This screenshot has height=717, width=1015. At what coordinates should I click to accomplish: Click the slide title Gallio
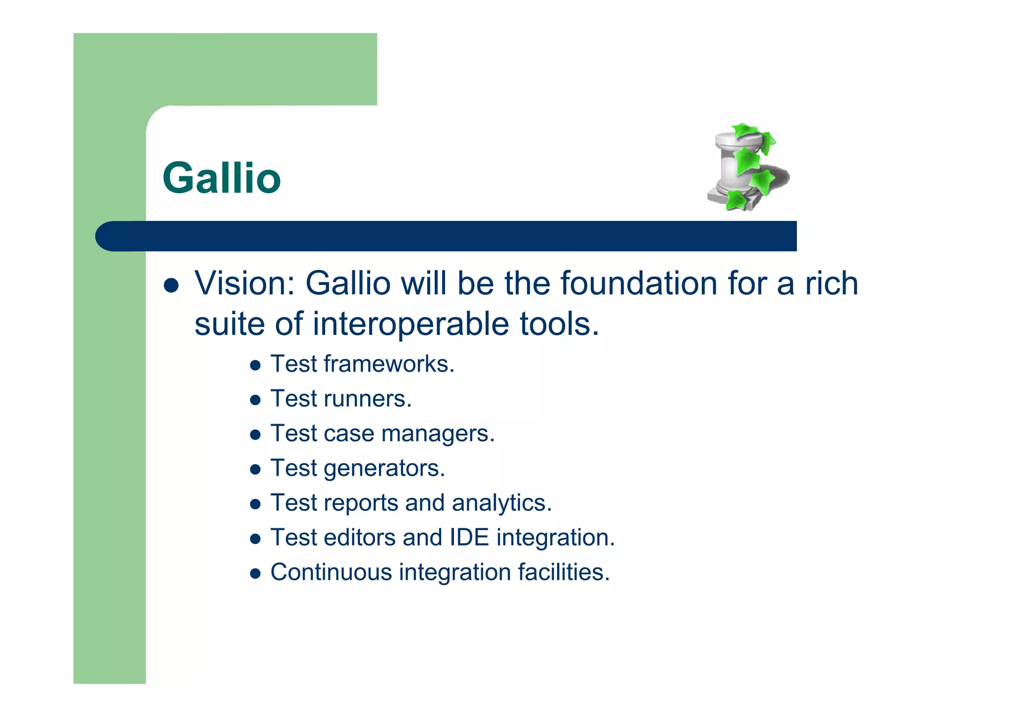[x=222, y=178]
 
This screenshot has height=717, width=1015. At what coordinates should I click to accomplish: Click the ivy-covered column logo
[x=747, y=167]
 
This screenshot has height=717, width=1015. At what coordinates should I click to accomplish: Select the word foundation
[x=638, y=283]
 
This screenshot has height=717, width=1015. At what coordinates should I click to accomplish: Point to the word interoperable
[x=410, y=324]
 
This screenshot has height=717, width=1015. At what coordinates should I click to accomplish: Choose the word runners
[x=367, y=399]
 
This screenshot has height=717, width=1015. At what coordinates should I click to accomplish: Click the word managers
[x=438, y=434]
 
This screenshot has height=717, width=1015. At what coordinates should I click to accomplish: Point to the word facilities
[x=564, y=572]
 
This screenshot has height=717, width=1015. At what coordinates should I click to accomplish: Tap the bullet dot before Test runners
[x=255, y=400]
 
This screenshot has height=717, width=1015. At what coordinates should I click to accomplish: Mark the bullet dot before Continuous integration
[x=255, y=574]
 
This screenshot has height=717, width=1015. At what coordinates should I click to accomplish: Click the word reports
[x=360, y=503]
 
